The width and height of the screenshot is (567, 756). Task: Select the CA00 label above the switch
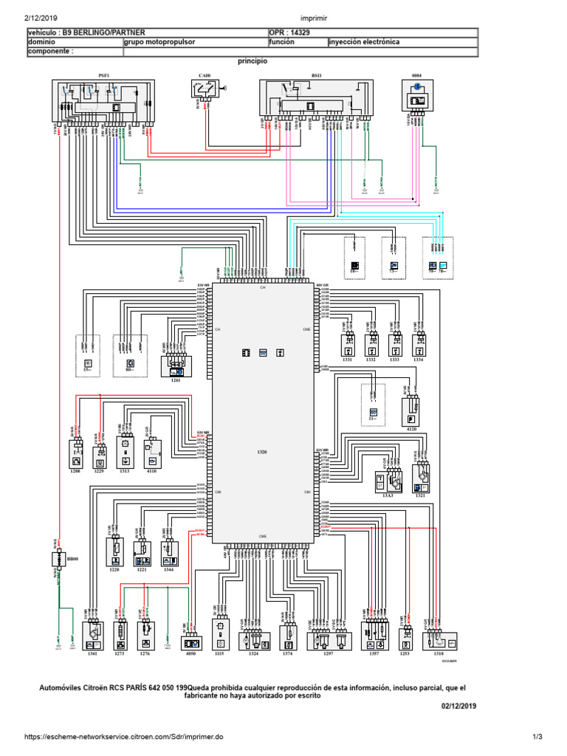[x=204, y=75]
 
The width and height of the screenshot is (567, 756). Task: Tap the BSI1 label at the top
[x=317, y=75]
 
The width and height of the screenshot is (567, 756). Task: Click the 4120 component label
[x=411, y=427]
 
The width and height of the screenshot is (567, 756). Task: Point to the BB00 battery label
[x=72, y=560]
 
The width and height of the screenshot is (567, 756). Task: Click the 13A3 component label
[x=388, y=497]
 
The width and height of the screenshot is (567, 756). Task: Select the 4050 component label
[x=191, y=653]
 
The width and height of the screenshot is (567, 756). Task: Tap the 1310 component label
[x=439, y=653]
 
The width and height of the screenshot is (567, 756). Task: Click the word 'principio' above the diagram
[x=252, y=62]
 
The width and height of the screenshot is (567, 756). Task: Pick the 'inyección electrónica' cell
[x=365, y=43]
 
